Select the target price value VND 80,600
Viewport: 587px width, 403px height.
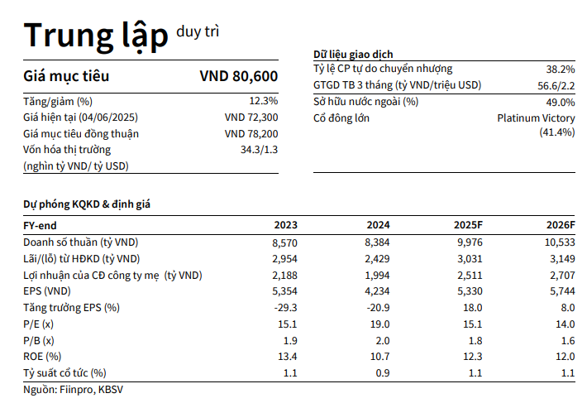238,77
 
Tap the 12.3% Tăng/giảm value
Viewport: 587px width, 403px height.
263,101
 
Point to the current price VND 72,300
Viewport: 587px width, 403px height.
251,118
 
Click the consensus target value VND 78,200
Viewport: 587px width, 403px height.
251,133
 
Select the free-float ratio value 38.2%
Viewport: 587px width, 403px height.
560,70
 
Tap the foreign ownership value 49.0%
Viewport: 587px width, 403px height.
560,102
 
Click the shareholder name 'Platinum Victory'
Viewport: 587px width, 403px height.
536,118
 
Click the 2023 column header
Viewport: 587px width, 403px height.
285,225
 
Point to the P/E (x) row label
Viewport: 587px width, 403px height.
39,324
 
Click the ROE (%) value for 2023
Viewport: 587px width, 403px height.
288,357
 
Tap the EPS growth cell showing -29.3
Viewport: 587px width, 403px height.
285,308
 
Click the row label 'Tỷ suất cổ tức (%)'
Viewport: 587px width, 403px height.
65,373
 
